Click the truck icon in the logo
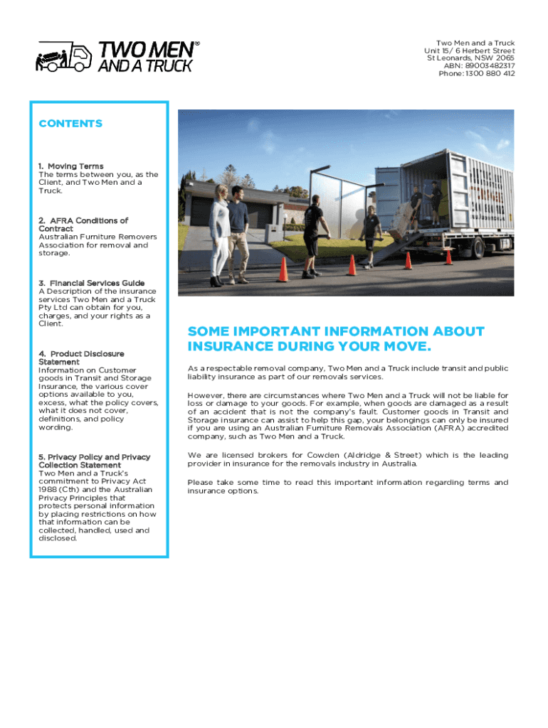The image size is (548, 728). pyautogui.click(x=64, y=57)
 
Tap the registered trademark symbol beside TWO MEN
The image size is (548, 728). pyautogui.click(x=197, y=43)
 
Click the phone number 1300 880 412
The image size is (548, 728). pyautogui.click(x=490, y=73)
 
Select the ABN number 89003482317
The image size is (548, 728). pyautogui.click(x=489, y=65)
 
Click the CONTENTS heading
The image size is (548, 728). pyautogui.click(x=70, y=124)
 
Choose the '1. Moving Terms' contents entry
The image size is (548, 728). pyautogui.click(x=71, y=166)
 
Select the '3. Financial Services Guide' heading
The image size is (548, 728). pyautogui.click(x=92, y=283)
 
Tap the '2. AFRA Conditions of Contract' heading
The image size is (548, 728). pyautogui.click(x=83, y=225)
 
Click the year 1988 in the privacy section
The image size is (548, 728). pyautogui.click(x=49, y=490)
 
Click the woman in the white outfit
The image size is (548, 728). pyautogui.click(x=218, y=235)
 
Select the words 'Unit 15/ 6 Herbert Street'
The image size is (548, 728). pyautogui.click(x=469, y=50)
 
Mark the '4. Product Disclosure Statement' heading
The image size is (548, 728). pyautogui.click(x=81, y=358)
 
